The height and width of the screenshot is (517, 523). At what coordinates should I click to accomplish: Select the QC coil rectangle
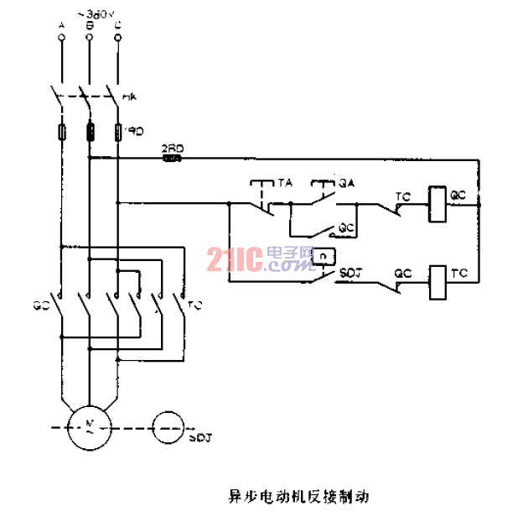point(437,202)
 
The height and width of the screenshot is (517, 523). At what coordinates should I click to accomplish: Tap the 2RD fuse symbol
point(172,157)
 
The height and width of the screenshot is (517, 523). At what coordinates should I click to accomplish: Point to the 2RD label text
point(172,147)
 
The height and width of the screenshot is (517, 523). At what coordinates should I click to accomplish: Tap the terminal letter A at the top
point(62,26)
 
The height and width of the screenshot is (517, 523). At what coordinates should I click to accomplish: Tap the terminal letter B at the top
point(88,26)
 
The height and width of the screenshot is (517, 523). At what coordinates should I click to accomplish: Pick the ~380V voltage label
point(93,13)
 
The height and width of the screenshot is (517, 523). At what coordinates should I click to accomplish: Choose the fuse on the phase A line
point(62,133)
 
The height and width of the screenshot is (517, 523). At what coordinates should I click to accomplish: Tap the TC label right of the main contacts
point(195,304)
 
